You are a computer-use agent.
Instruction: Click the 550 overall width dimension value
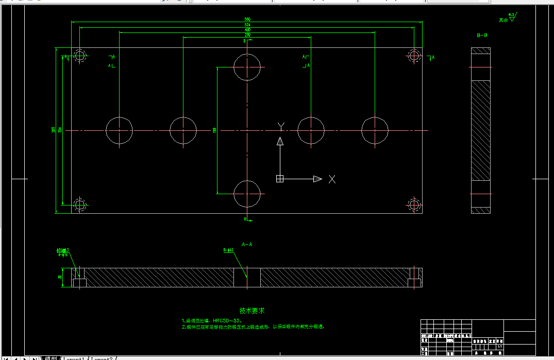tap(247, 20)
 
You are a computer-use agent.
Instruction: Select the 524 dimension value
tap(247, 25)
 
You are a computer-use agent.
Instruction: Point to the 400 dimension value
tap(247, 30)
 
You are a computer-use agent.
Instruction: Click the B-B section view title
tap(482, 35)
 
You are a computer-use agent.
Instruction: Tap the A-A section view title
tap(247, 244)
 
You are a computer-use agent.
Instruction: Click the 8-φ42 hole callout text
tap(228, 250)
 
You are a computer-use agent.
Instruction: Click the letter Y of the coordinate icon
tap(281, 126)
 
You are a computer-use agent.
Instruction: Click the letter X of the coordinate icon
tap(332, 179)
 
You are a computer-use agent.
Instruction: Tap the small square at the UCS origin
tap(280, 179)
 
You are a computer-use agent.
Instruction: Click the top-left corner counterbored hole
tap(79, 56)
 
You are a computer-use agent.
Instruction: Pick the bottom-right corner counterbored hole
tap(414, 204)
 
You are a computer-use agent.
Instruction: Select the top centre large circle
tap(247, 67)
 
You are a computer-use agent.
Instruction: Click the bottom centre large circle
tap(247, 194)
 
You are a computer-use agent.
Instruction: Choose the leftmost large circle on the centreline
tap(119, 130)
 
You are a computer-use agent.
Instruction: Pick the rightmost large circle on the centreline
tap(375, 130)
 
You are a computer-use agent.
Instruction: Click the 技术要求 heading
tap(252, 311)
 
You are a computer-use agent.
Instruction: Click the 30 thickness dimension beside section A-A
tap(60, 278)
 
